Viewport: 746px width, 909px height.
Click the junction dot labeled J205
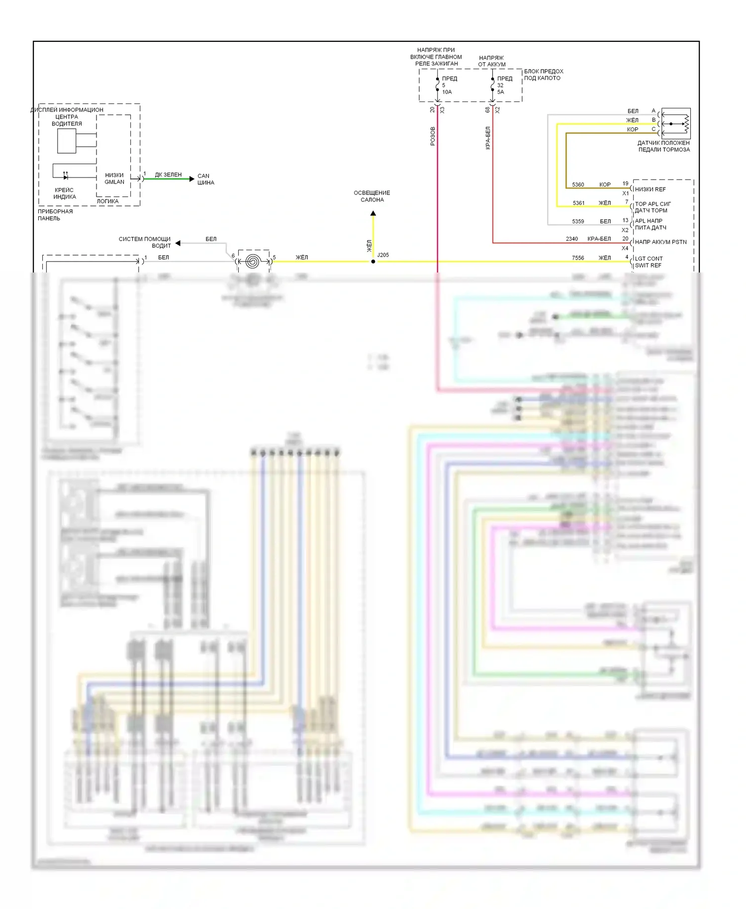pos(373,262)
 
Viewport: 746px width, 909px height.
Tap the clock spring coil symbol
pos(253,261)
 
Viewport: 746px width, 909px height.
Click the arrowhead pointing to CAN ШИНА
pos(192,179)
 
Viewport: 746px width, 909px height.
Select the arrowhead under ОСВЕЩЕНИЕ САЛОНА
pos(373,214)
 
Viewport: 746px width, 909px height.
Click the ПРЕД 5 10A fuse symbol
pos(438,85)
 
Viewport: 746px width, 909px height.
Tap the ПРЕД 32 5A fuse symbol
pos(493,85)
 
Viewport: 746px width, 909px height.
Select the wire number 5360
pos(578,184)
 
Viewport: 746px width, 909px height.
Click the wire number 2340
pos(572,239)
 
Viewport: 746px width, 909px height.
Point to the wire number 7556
pos(578,258)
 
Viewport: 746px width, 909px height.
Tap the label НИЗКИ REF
pos(650,189)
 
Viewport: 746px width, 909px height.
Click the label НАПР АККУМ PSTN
pos(660,242)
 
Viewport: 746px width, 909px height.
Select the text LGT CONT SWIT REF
pos(649,262)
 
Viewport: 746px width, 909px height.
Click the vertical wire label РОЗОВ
pos(433,136)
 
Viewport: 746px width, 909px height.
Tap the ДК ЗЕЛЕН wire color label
pos(168,175)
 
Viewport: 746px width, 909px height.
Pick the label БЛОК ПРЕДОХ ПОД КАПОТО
pos(543,75)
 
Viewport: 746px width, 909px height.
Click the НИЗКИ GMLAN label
pos(114,179)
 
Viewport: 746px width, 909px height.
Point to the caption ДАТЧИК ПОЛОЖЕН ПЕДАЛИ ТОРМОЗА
pos(663,146)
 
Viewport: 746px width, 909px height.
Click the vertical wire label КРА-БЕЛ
pos(488,138)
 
